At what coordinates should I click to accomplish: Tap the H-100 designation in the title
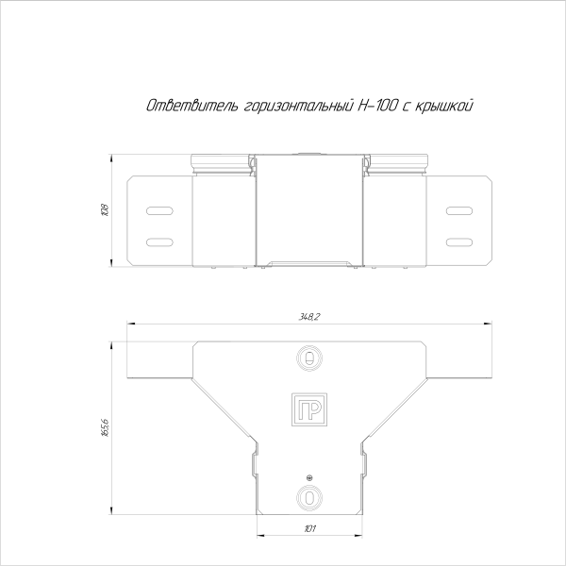click(375, 106)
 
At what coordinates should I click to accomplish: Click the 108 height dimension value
click(105, 209)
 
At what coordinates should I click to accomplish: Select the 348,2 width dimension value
click(309, 318)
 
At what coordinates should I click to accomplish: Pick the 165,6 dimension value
click(105, 427)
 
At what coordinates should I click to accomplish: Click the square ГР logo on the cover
click(308, 408)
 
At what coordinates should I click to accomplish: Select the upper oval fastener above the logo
click(308, 358)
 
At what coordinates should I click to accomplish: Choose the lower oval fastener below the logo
click(308, 497)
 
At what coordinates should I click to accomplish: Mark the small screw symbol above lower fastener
click(308, 478)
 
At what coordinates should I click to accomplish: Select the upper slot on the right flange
click(458, 210)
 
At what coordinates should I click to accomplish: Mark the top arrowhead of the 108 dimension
click(113, 157)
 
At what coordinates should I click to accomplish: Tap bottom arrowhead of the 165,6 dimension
click(113, 510)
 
